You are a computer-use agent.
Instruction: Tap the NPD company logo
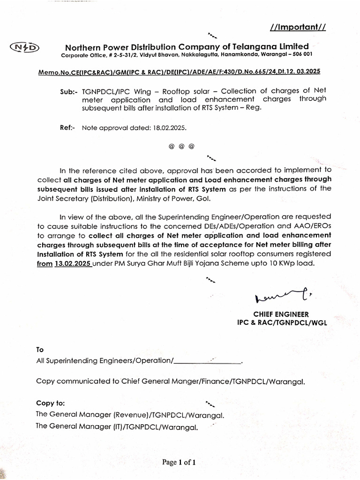[25, 47]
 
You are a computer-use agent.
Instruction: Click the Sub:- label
[69, 91]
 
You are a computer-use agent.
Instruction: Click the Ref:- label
[68, 127]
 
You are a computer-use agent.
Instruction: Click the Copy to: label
[50, 403]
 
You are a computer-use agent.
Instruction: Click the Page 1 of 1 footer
[178, 462]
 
